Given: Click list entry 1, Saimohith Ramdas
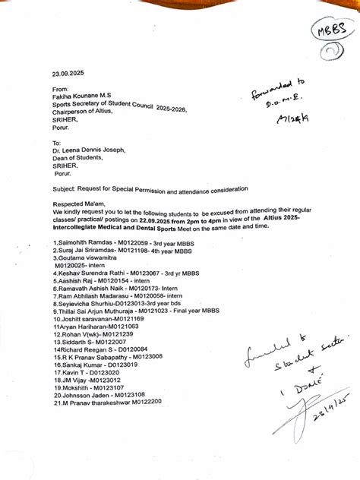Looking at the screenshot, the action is click(79, 242).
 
